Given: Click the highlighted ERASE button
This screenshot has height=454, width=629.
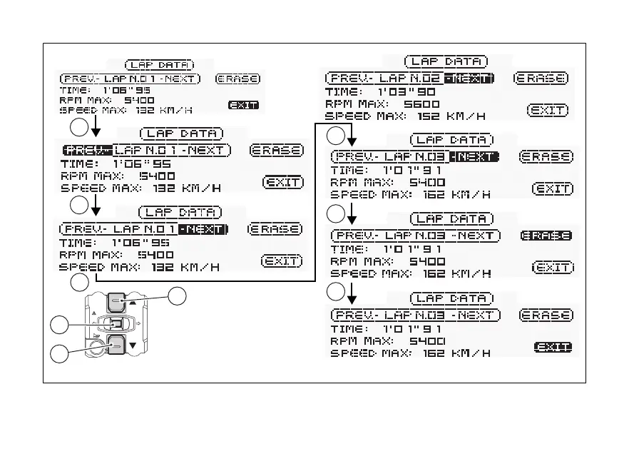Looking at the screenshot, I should coord(546,236).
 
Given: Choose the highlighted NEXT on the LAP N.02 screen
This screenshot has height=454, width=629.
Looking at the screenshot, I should coord(468,78).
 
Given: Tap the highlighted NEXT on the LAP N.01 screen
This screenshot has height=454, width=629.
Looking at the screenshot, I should coord(203,229).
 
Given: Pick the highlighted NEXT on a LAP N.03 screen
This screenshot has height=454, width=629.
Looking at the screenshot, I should coord(476,156).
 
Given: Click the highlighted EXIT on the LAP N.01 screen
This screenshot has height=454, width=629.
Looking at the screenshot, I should coord(243,105).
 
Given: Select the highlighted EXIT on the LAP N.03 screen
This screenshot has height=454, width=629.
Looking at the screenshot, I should coord(552,347).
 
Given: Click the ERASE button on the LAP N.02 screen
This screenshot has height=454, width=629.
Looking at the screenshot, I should coord(541,78).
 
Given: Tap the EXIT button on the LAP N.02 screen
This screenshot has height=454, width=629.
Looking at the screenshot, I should coord(547,110).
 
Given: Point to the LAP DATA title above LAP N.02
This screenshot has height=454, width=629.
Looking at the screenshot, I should coord(446,62).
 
